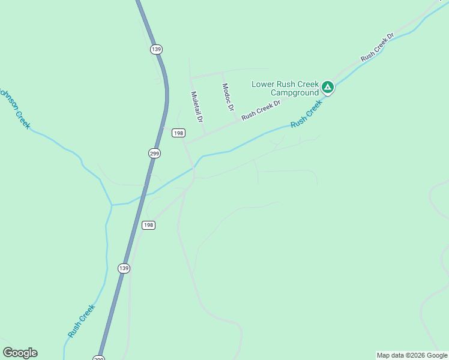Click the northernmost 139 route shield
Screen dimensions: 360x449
157,49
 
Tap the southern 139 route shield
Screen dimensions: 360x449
124,268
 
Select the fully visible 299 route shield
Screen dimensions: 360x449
154,153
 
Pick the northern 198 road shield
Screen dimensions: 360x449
178,133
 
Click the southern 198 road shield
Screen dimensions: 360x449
148,225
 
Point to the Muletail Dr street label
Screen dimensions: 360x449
196,107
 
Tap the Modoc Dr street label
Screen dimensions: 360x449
228,97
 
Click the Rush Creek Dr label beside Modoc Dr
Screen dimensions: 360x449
261,110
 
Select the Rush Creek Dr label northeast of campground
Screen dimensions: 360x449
377,47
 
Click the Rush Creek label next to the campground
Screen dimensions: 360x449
306,113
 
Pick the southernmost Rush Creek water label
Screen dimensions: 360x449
81,321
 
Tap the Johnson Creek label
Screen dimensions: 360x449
14,108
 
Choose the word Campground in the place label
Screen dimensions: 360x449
294,93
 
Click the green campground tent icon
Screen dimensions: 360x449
328,88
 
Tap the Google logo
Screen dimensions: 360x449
20,353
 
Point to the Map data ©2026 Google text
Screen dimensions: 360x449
412,356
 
